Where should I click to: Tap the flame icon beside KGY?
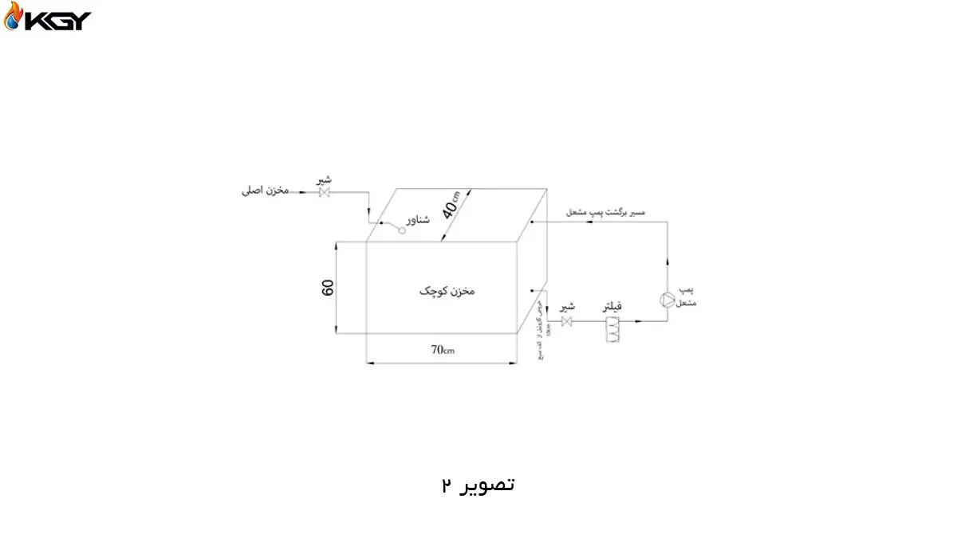(x=14, y=19)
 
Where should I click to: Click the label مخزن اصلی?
(x=266, y=191)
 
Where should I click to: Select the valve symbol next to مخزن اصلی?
(x=325, y=192)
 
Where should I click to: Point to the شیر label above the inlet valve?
(x=324, y=180)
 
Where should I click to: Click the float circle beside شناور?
(x=404, y=230)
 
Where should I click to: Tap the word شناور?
(x=418, y=219)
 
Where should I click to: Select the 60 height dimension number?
(x=327, y=289)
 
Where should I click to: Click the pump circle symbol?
(x=668, y=300)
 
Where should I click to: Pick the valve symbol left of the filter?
(x=567, y=321)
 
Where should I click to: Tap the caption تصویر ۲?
(x=478, y=485)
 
